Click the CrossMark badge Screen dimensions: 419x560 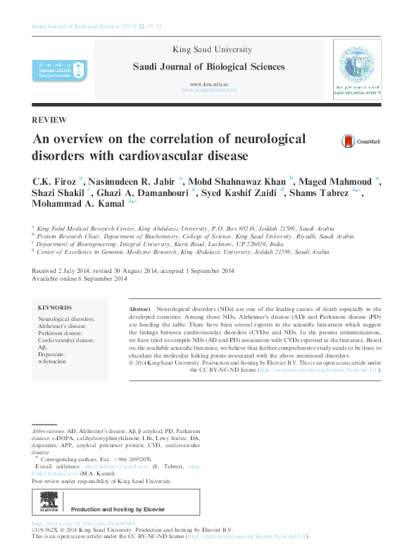tap(360, 142)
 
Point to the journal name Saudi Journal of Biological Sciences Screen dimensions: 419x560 tap(209, 67)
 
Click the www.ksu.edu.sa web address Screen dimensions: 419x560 tap(209, 84)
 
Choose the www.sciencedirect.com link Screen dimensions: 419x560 tap(209, 90)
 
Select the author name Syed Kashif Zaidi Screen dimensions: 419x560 tap(239, 193)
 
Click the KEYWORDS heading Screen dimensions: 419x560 tap(55, 308)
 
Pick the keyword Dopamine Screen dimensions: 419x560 tap(51, 354)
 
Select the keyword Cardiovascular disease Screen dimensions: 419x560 tap(66, 340)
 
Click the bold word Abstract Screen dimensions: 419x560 tap(141, 310)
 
